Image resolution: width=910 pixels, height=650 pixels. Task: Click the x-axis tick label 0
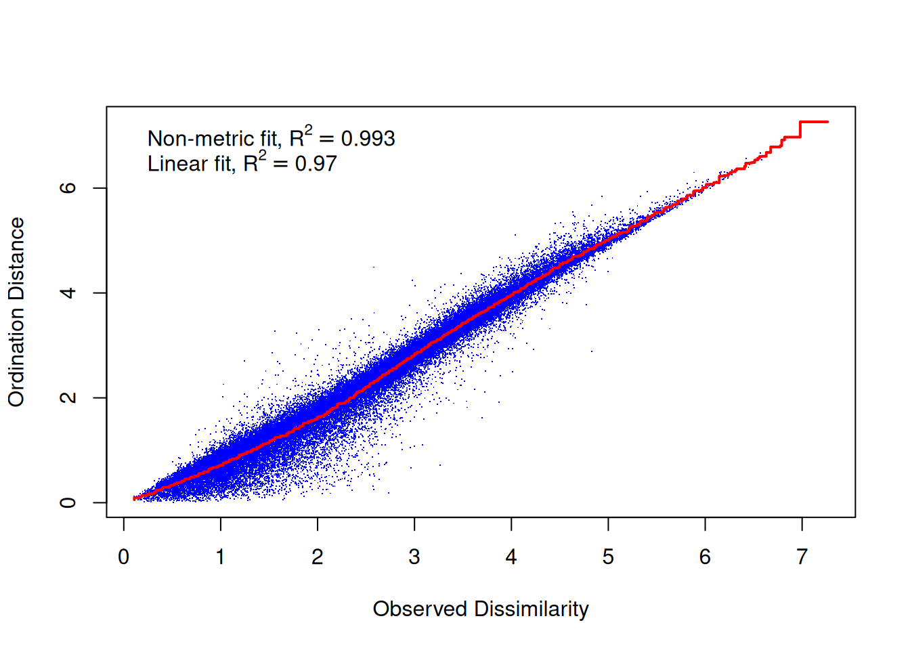click(x=123, y=557)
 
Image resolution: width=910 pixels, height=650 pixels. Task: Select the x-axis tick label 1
click(x=220, y=557)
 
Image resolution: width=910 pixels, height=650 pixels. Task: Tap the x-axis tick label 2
click(x=318, y=557)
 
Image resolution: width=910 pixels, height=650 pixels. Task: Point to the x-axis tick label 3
click(x=414, y=557)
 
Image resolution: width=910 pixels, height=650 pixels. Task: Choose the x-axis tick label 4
click(x=511, y=557)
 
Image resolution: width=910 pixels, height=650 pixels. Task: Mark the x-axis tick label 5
click(x=608, y=557)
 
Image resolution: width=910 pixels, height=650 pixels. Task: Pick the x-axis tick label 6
click(x=705, y=557)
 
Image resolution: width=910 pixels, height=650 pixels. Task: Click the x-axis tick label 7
click(x=802, y=557)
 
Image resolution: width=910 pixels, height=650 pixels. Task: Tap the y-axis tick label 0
click(x=68, y=503)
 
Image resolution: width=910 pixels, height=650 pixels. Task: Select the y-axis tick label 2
click(x=68, y=397)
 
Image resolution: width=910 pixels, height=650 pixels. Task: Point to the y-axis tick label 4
click(x=68, y=293)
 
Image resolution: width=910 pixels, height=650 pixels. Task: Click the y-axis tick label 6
click(x=68, y=188)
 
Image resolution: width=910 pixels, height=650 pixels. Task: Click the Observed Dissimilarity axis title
click(x=481, y=609)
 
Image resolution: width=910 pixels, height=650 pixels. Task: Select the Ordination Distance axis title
click(x=17, y=312)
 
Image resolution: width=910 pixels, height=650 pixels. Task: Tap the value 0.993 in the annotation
click(x=368, y=139)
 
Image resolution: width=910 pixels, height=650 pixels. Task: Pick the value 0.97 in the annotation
click(x=316, y=164)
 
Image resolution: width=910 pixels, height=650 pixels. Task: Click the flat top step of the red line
click(x=814, y=122)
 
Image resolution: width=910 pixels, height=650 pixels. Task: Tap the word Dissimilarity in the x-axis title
click(x=532, y=609)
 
